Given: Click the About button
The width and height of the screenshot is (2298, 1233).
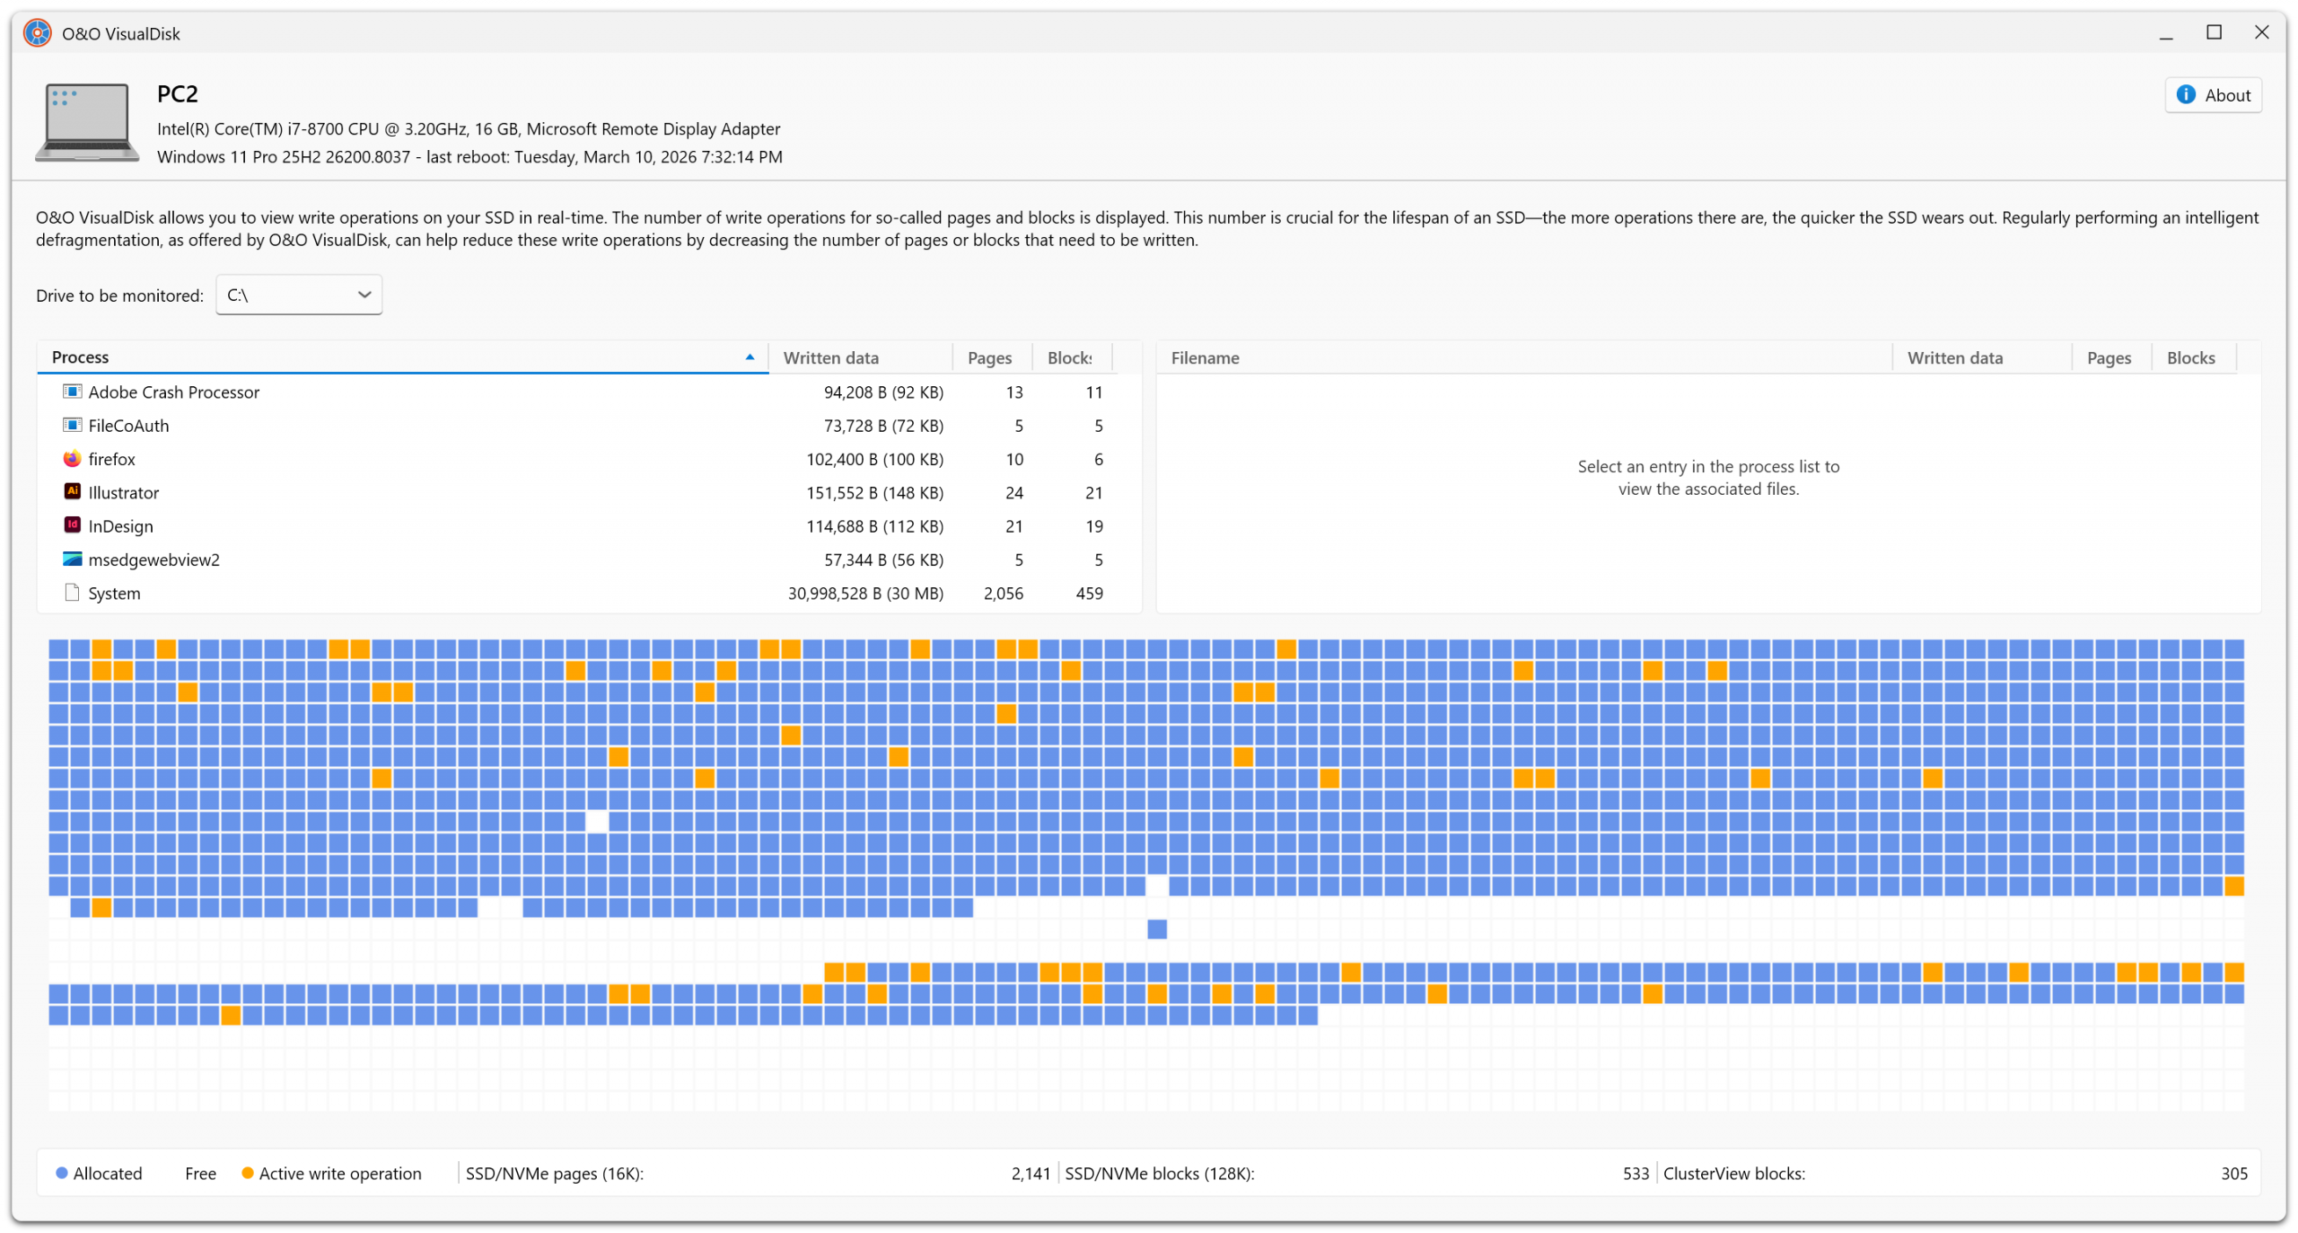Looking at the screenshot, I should coord(2213,95).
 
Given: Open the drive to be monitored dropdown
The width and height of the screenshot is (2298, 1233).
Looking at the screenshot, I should coord(299,295).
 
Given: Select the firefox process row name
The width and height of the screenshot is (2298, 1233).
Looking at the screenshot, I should coord(112,460).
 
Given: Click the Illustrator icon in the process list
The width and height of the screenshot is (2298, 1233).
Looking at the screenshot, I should coord(73,492).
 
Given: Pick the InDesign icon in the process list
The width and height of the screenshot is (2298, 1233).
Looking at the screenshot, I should coord(73,525).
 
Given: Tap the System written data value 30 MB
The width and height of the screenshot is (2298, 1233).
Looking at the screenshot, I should coord(865,594).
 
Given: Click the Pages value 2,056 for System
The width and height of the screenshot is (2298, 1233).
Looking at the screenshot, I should coord(1003,594).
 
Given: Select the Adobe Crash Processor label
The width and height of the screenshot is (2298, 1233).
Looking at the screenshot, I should coord(174,392).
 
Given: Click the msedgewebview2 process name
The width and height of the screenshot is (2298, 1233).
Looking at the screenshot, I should coord(154,560).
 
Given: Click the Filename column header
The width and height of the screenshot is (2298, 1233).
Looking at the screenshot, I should coord(1206,358).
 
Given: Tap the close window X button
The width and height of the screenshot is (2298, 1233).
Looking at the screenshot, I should coord(2262,33).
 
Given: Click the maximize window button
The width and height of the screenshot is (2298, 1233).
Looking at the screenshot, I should coord(2215,33).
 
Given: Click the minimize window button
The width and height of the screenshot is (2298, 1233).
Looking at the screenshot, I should coord(2166,33).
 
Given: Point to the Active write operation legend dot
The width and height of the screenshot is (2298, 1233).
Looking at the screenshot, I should coord(248,1174).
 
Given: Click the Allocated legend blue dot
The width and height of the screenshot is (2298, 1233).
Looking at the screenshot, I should coord(62,1174).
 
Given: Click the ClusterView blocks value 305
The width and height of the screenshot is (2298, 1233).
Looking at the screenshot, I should coord(2234,1174).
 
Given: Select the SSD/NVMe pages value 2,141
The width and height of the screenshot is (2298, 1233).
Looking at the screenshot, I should coord(1031,1174).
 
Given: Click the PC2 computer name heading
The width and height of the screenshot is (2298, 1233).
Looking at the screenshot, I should coord(178,94).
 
